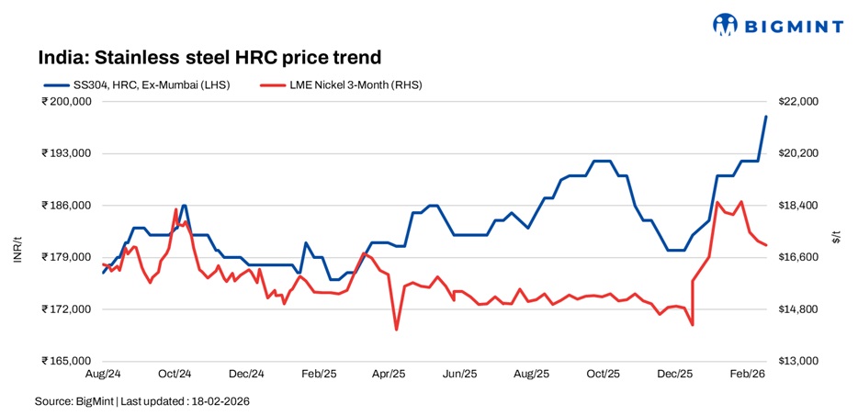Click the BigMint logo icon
(x=726, y=25)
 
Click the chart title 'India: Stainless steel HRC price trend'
(x=209, y=58)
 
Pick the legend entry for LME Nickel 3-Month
(x=341, y=84)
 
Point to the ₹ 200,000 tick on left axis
(x=66, y=101)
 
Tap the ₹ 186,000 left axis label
(x=66, y=206)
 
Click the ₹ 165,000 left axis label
(x=66, y=361)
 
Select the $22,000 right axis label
(x=797, y=101)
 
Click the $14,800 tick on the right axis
(x=797, y=309)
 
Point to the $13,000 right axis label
(x=797, y=361)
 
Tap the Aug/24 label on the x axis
(x=103, y=375)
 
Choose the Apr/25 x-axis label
(x=389, y=375)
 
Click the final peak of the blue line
(x=766, y=117)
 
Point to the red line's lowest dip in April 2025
(x=396, y=330)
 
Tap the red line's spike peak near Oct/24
(x=175, y=210)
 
